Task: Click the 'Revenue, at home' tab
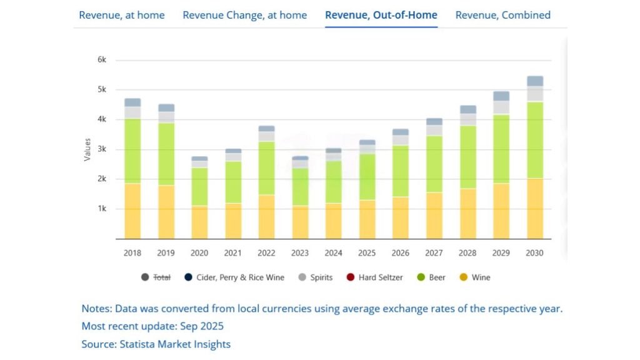pyautogui.click(x=122, y=15)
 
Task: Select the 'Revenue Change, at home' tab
pyautogui.click(x=244, y=15)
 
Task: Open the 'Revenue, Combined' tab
pyautogui.click(x=502, y=15)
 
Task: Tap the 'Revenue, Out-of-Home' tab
pyautogui.click(x=381, y=15)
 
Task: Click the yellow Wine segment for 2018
pyautogui.click(x=132, y=211)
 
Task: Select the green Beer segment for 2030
pyautogui.click(x=535, y=140)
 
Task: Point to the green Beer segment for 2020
pyautogui.click(x=199, y=186)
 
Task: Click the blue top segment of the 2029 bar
pyautogui.click(x=501, y=96)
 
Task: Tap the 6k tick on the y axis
pyautogui.click(x=102, y=60)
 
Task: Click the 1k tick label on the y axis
pyautogui.click(x=102, y=209)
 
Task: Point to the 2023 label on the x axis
pyautogui.click(x=300, y=253)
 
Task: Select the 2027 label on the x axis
pyautogui.click(x=434, y=253)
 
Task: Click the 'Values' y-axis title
pyautogui.click(x=87, y=149)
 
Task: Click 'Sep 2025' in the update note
pyautogui.click(x=203, y=326)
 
